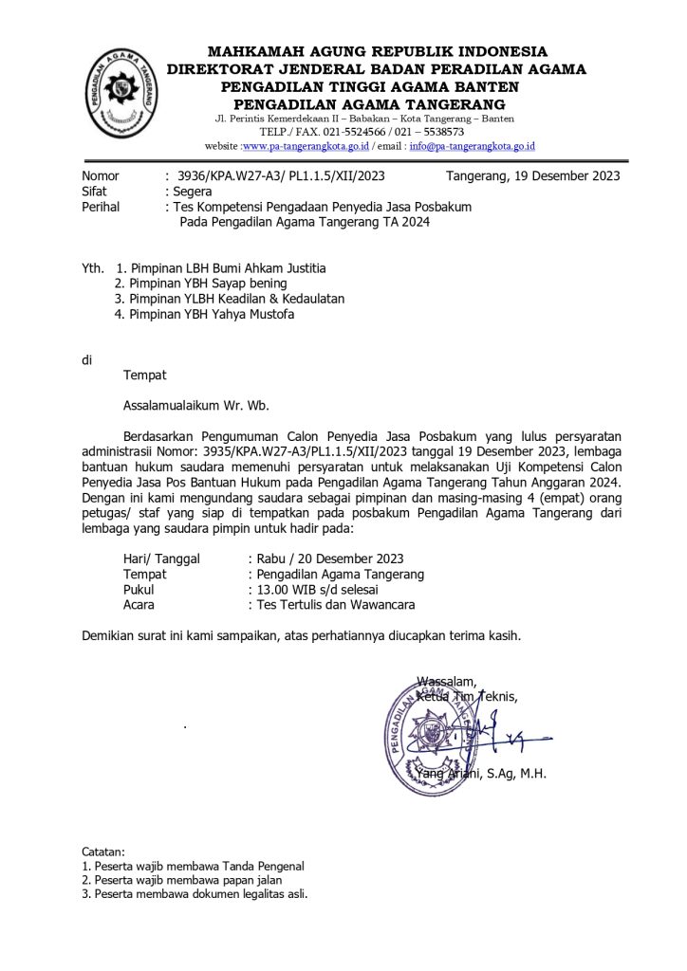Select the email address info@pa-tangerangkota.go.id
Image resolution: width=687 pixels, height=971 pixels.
473,147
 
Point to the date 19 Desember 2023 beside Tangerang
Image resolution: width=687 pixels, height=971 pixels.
566,175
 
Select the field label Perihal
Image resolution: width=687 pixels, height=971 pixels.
101,207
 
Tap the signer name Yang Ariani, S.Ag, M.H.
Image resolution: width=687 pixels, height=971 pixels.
480,774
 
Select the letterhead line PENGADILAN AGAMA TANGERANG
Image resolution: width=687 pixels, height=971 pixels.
370,103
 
